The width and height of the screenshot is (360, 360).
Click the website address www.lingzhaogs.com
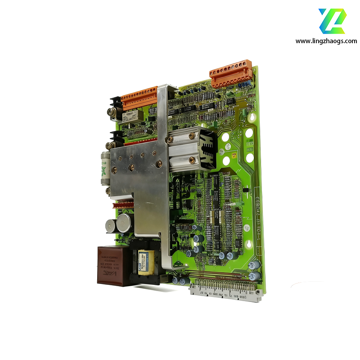point(326,41)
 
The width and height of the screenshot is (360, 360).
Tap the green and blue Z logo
point(333,21)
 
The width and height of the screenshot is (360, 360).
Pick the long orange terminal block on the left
point(139,97)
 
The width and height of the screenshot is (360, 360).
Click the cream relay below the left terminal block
point(133,116)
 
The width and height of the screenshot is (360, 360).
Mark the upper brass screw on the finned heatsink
point(192,134)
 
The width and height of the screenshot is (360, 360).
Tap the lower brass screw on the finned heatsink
point(192,159)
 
